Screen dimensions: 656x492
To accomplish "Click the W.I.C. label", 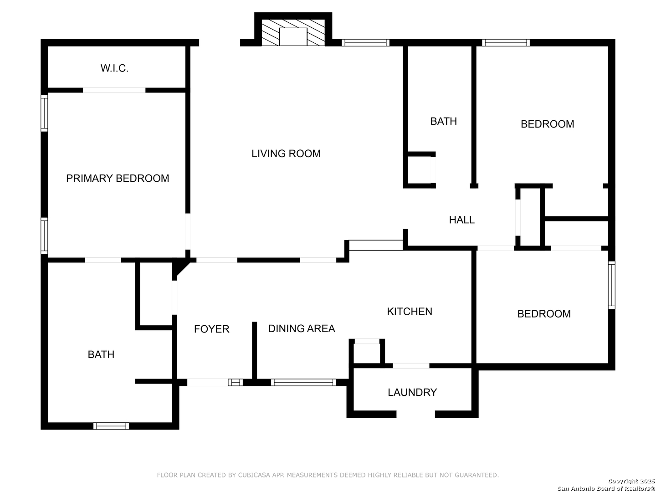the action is click(x=114, y=68).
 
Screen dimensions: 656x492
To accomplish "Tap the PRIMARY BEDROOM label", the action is click(x=118, y=178).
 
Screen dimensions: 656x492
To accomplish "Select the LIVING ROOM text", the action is click(x=286, y=154).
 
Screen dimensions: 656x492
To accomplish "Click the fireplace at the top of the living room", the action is click(x=293, y=32).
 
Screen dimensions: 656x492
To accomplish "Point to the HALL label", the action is click(x=461, y=220).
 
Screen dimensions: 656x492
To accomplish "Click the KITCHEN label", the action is click(x=410, y=312).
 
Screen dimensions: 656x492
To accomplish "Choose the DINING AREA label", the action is click(x=301, y=328).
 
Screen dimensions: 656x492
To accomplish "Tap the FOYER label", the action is click(x=211, y=329).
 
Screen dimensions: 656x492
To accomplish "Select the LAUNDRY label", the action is click(x=412, y=392).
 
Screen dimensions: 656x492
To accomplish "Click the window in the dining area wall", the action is click(x=303, y=382).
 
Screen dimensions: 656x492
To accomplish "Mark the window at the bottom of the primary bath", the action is click(x=111, y=425).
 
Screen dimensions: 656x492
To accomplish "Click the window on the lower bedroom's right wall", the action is click(x=611, y=285).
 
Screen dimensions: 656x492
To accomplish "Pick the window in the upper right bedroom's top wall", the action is click(x=505, y=43).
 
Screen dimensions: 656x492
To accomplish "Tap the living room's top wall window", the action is click(x=365, y=43).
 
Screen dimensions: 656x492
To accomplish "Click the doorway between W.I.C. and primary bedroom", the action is click(x=114, y=90).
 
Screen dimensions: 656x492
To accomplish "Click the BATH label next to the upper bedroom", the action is click(x=443, y=121).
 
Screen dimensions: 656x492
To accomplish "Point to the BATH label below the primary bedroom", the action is click(x=101, y=354).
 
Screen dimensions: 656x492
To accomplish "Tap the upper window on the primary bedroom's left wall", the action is click(x=44, y=113).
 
